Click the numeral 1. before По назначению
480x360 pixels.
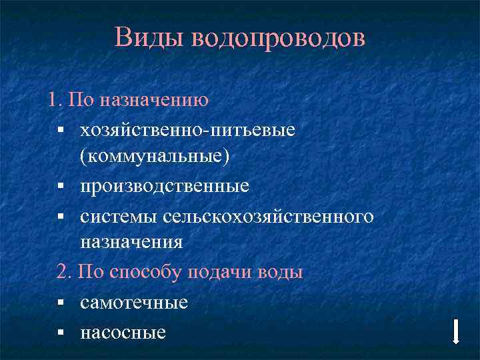pyautogui.click(x=55, y=100)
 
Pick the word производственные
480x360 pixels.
pyautogui.click(x=165, y=186)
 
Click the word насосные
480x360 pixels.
pyautogui.click(x=123, y=331)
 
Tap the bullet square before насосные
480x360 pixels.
pyautogui.click(x=60, y=332)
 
